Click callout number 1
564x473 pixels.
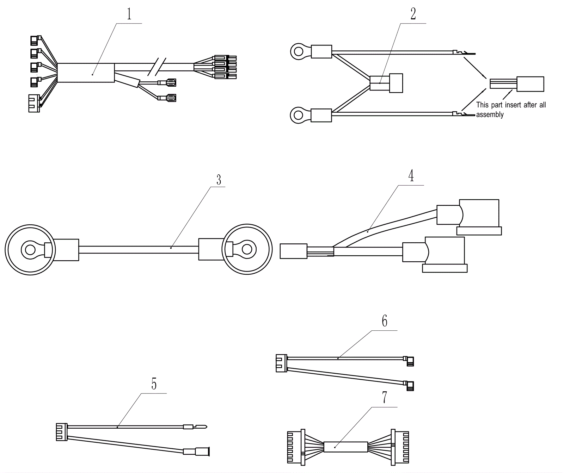click(129, 14)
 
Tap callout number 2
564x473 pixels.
click(413, 14)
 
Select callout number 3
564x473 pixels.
click(219, 180)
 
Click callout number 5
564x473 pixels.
click(154, 384)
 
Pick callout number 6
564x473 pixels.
click(385, 321)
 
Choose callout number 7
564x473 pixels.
click(385, 397)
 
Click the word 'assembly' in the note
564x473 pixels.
click(490, 115)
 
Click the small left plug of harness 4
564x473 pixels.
click(294, 251)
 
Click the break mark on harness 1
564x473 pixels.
click(155, 66)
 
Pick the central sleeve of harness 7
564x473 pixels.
click(346, 447)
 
